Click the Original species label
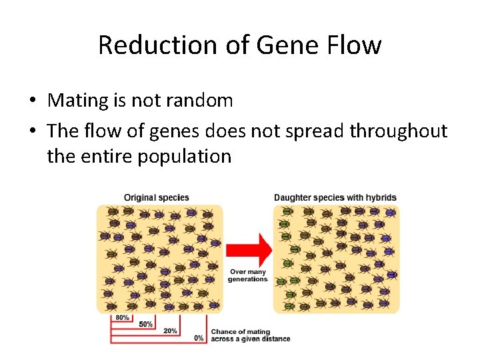(157, 197)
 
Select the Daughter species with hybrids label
(335, 197)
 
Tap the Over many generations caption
(247, 275)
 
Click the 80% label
(122, 318)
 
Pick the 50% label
(145, 325)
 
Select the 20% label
(170, 331)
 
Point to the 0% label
(198, 338)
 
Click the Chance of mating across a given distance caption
(250, 335)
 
